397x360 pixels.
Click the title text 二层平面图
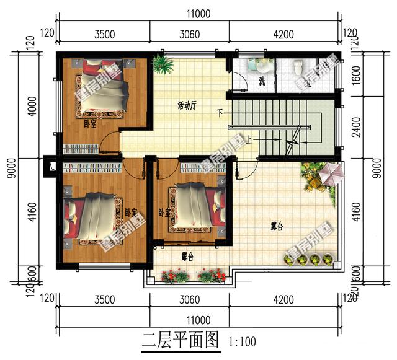point(179,340)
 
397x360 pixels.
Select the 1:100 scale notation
point(242,341)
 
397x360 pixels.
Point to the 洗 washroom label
point(262,81)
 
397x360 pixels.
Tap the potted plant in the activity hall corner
point(163,63)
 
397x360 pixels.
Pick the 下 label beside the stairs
point(220,113)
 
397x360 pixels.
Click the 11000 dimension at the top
point(197,14)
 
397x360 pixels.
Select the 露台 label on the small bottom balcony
point(187,256)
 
